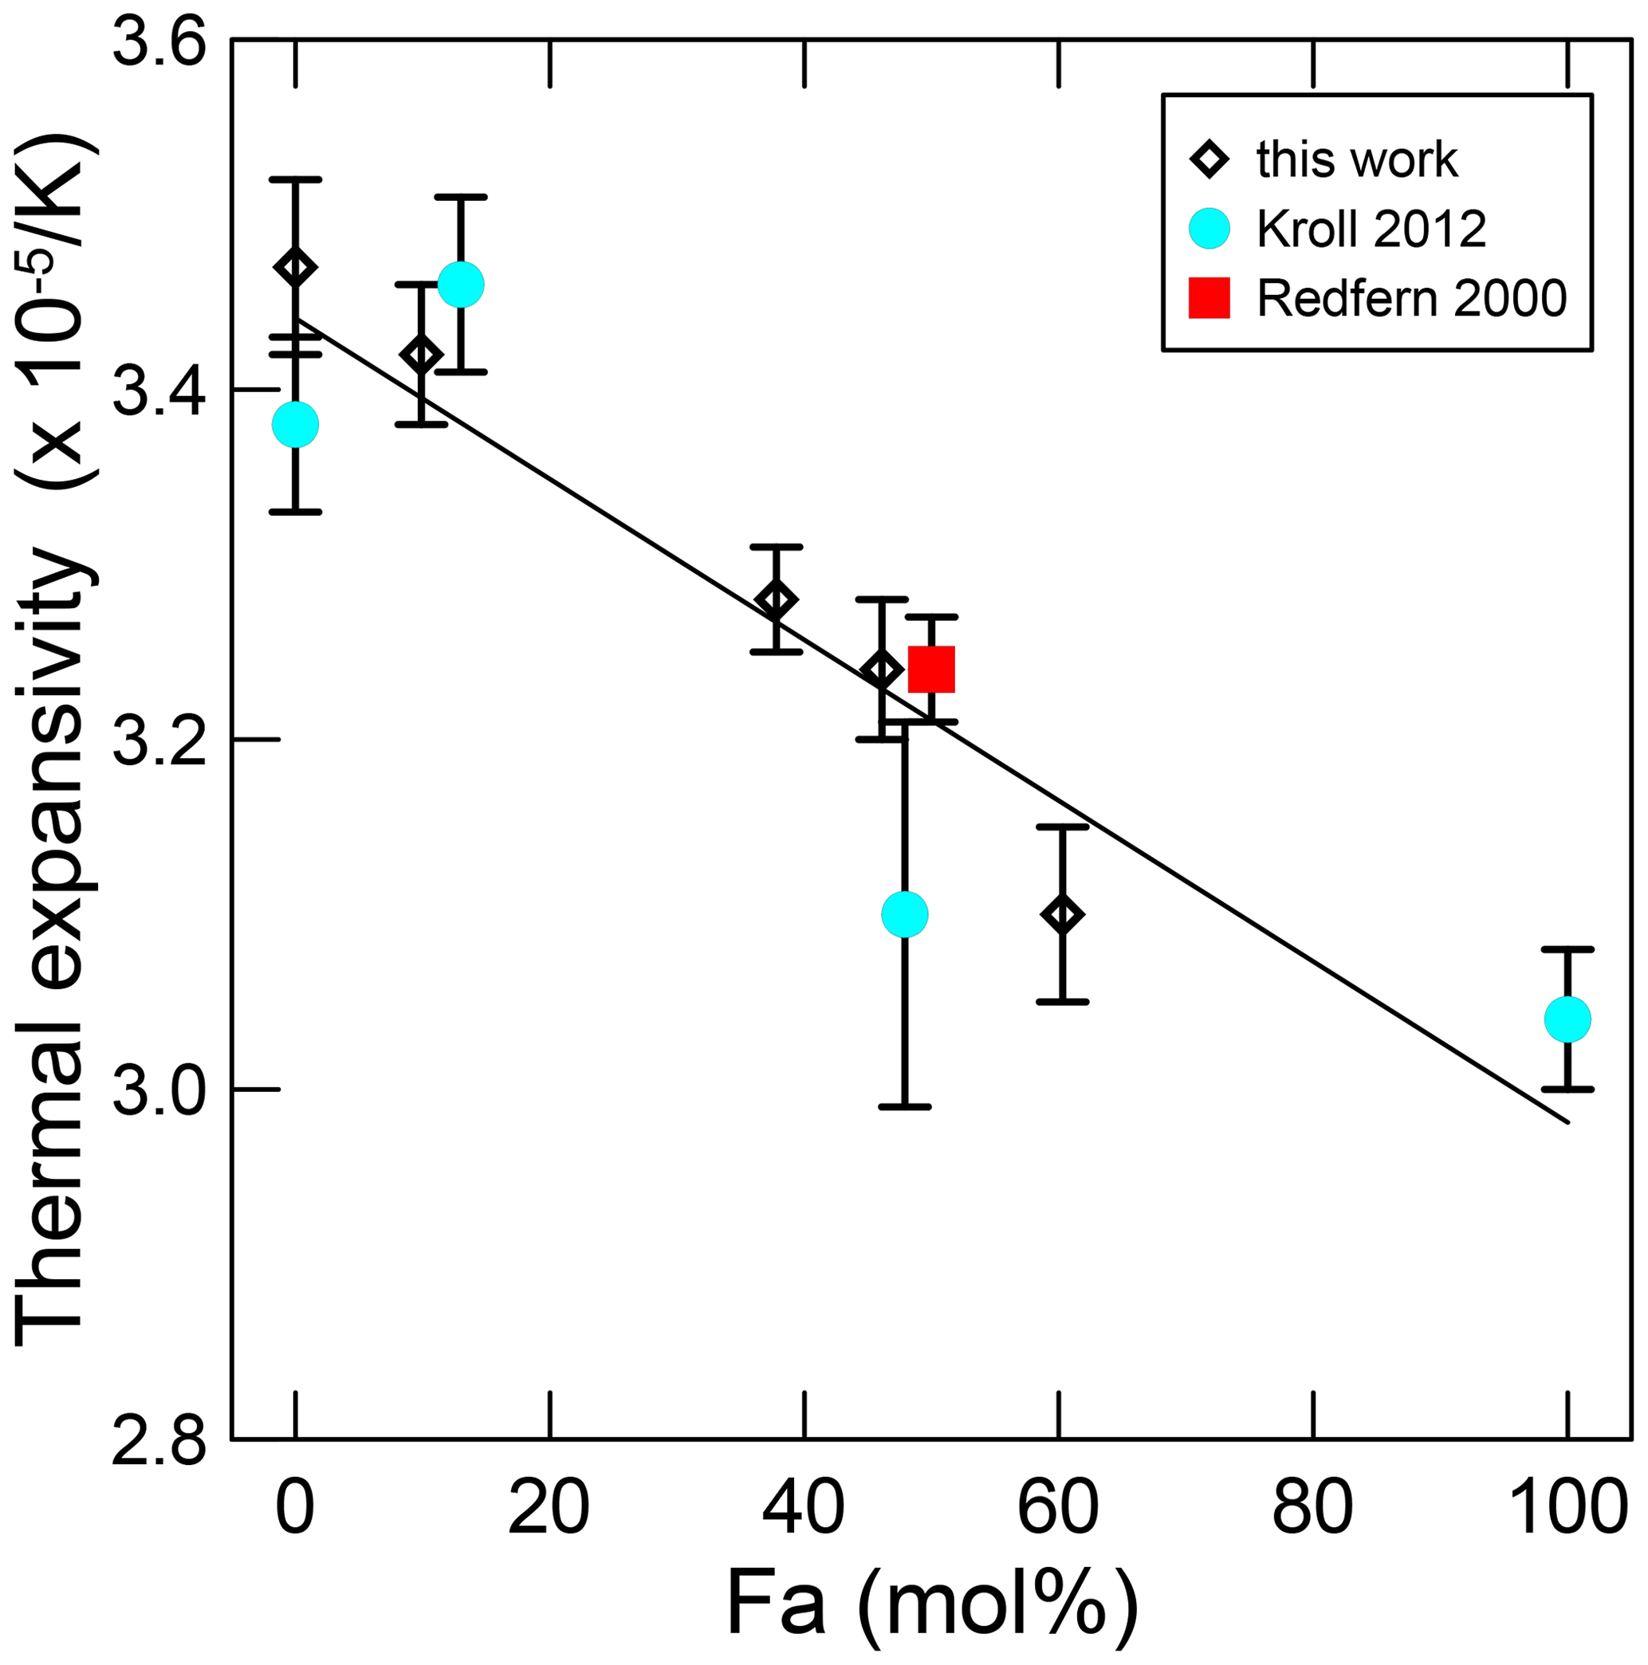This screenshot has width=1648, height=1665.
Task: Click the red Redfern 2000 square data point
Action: point(932,670)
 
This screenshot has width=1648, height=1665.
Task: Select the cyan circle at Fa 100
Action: point(1567,1019)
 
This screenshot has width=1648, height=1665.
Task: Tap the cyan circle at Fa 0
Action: point(296,424)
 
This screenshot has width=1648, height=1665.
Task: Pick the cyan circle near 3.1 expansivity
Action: point(905,913)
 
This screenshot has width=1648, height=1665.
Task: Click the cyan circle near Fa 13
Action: point(461,285)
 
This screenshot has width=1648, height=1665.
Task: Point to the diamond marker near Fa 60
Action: point(1063,914)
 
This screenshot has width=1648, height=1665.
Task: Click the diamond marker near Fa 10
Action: point(422,354)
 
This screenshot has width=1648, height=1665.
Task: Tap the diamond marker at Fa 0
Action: point(296,267)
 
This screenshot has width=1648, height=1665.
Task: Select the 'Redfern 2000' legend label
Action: point(1411,298)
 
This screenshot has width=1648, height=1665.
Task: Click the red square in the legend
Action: point(1209,298)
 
